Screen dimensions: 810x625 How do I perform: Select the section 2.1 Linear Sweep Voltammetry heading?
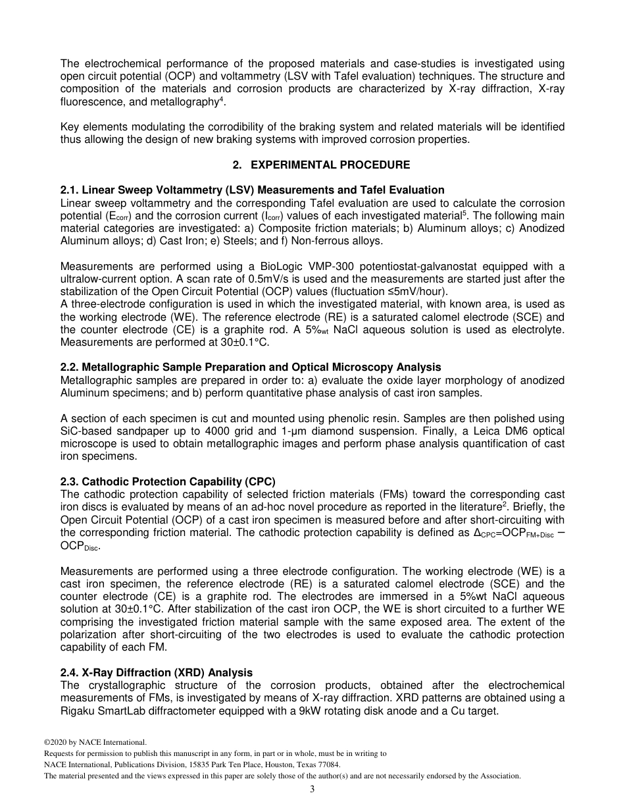(252, 190)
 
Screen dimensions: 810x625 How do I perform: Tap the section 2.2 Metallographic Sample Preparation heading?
(251, 367)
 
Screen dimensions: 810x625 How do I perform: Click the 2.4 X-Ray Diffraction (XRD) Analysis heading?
(157, 672)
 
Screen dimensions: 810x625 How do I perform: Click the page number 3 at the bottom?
(312, 790)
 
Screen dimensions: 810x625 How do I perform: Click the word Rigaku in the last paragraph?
(77, 711)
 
